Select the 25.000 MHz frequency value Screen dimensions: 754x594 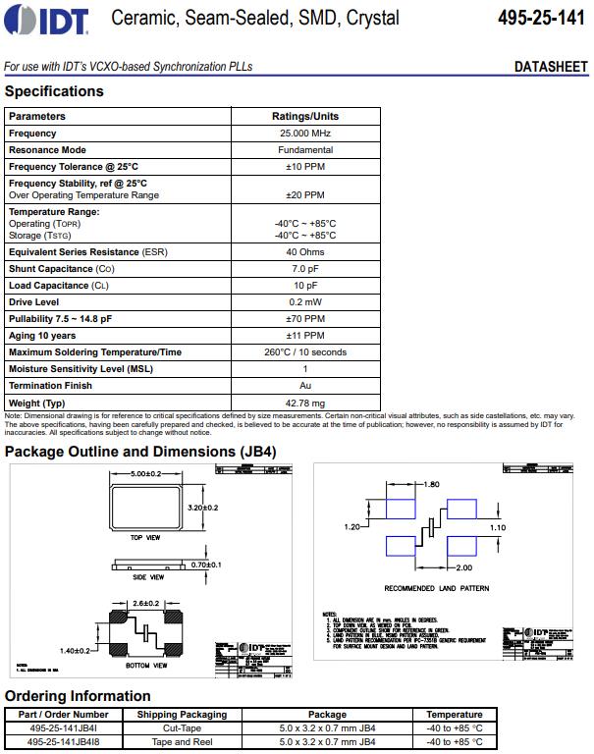[305, 134]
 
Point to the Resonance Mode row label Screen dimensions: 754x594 [47, 150]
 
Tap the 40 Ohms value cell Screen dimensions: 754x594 [305, 252]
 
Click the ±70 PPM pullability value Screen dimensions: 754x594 [305, 319]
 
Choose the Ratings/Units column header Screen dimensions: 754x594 [305, 117]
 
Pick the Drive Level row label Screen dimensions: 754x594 [33, 302]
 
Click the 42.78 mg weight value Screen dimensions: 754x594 [305, 403]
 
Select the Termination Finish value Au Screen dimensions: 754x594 [305, 386]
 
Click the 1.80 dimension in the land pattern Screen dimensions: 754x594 [431, 485]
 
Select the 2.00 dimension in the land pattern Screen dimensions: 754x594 [463, 567]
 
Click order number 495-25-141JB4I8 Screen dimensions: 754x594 [63, 742]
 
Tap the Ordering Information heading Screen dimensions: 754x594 [78, 696]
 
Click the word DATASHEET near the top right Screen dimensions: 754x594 [551, 67]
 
